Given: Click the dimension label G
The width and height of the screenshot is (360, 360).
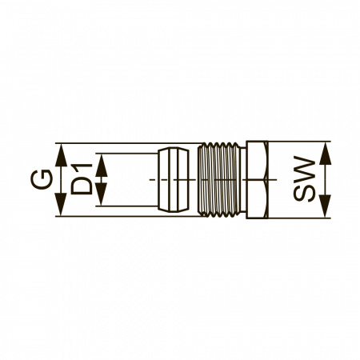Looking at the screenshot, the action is point(42,179).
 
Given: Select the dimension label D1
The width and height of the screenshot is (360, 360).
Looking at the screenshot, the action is point(82,178).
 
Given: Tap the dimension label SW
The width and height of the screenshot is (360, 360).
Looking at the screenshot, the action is point(304,178).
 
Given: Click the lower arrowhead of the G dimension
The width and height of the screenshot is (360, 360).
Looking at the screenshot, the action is point(61,204).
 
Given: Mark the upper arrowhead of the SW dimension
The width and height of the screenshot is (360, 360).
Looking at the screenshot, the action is point(325,154).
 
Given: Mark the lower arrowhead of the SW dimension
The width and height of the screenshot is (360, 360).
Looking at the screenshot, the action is point(325,206).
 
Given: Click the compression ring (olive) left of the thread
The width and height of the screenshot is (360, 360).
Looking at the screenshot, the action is point(174,180).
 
